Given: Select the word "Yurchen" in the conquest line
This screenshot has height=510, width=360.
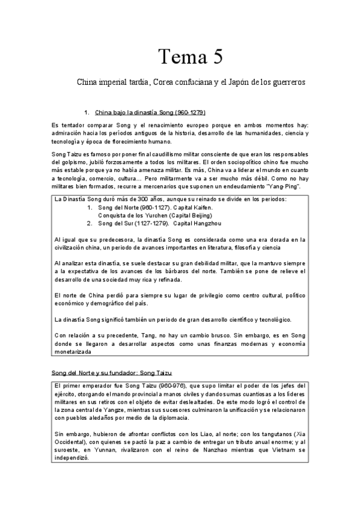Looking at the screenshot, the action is [152, 215].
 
